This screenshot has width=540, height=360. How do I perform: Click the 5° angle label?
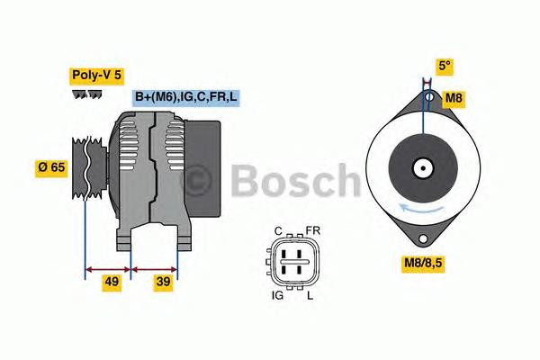point(444,66)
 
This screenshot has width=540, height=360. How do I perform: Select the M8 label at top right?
point(455,96)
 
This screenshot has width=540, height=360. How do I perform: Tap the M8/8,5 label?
point(425,265)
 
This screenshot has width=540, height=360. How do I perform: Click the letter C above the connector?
point(279,231)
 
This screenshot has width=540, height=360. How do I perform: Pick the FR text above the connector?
point(312,231)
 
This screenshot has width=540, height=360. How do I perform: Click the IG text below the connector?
point(278,296)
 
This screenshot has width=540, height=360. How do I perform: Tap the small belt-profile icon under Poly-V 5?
point(87,94)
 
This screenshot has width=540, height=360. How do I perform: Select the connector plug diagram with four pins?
point(294,263)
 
